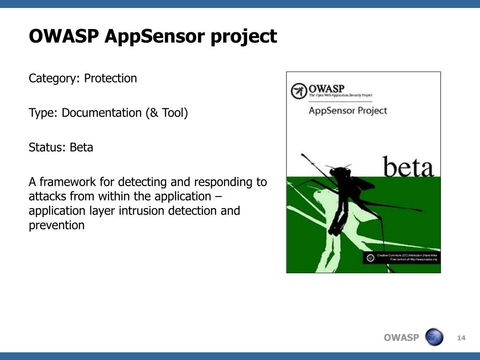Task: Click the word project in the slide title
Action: click(x=244, y=37)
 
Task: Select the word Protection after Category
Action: click(x=111, y=78)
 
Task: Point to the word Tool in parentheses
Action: click(x=173, y=113)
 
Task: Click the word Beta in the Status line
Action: click(x=82, y=148)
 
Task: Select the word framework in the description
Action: click(x=75, y=182)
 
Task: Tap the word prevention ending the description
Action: click(x=57, y=226)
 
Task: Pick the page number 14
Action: click(x=461, y=338)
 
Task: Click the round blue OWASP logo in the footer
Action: click(x=434, y=337)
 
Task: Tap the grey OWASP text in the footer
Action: click(x=401, y=338)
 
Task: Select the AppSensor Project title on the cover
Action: click(x=348, y=111)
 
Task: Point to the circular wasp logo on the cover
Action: click(x=299, y=91)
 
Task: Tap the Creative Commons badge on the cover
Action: click(x=370, y=257)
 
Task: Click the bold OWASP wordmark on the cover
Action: click(x=326, y=88)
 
